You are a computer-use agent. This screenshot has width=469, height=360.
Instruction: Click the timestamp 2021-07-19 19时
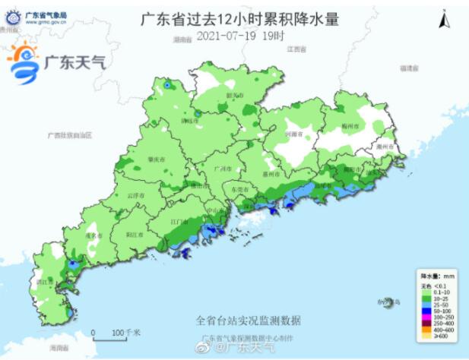(x=240, y=36)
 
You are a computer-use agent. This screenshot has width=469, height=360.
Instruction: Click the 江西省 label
(x=296, y=49)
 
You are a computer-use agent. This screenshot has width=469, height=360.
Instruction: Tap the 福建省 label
(x=410, y=68)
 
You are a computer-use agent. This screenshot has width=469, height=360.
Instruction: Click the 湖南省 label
(x=180, y=39)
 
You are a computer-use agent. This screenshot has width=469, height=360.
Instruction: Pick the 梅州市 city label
(x=349, y=124)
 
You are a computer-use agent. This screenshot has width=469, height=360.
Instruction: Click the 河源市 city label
(x=293, y=134)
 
